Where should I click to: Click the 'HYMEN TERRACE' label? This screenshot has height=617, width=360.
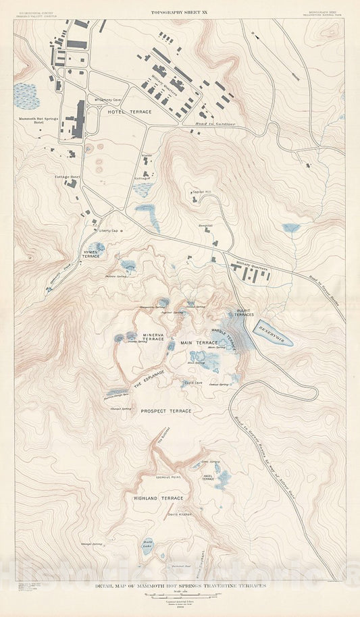tap(91, 254)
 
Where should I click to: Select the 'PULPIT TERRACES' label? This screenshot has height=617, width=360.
tap(244, 313)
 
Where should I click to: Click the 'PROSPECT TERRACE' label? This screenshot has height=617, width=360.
tap(166, 410)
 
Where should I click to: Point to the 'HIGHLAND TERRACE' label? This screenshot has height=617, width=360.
tap(159, 498)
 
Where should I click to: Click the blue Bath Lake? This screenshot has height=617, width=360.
tap(147, 546)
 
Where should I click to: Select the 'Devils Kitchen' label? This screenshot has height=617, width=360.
tap(180, 514)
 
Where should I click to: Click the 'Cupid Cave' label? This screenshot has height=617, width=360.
tap(195, 383)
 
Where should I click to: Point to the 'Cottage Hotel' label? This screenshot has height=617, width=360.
tap(68, 176)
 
